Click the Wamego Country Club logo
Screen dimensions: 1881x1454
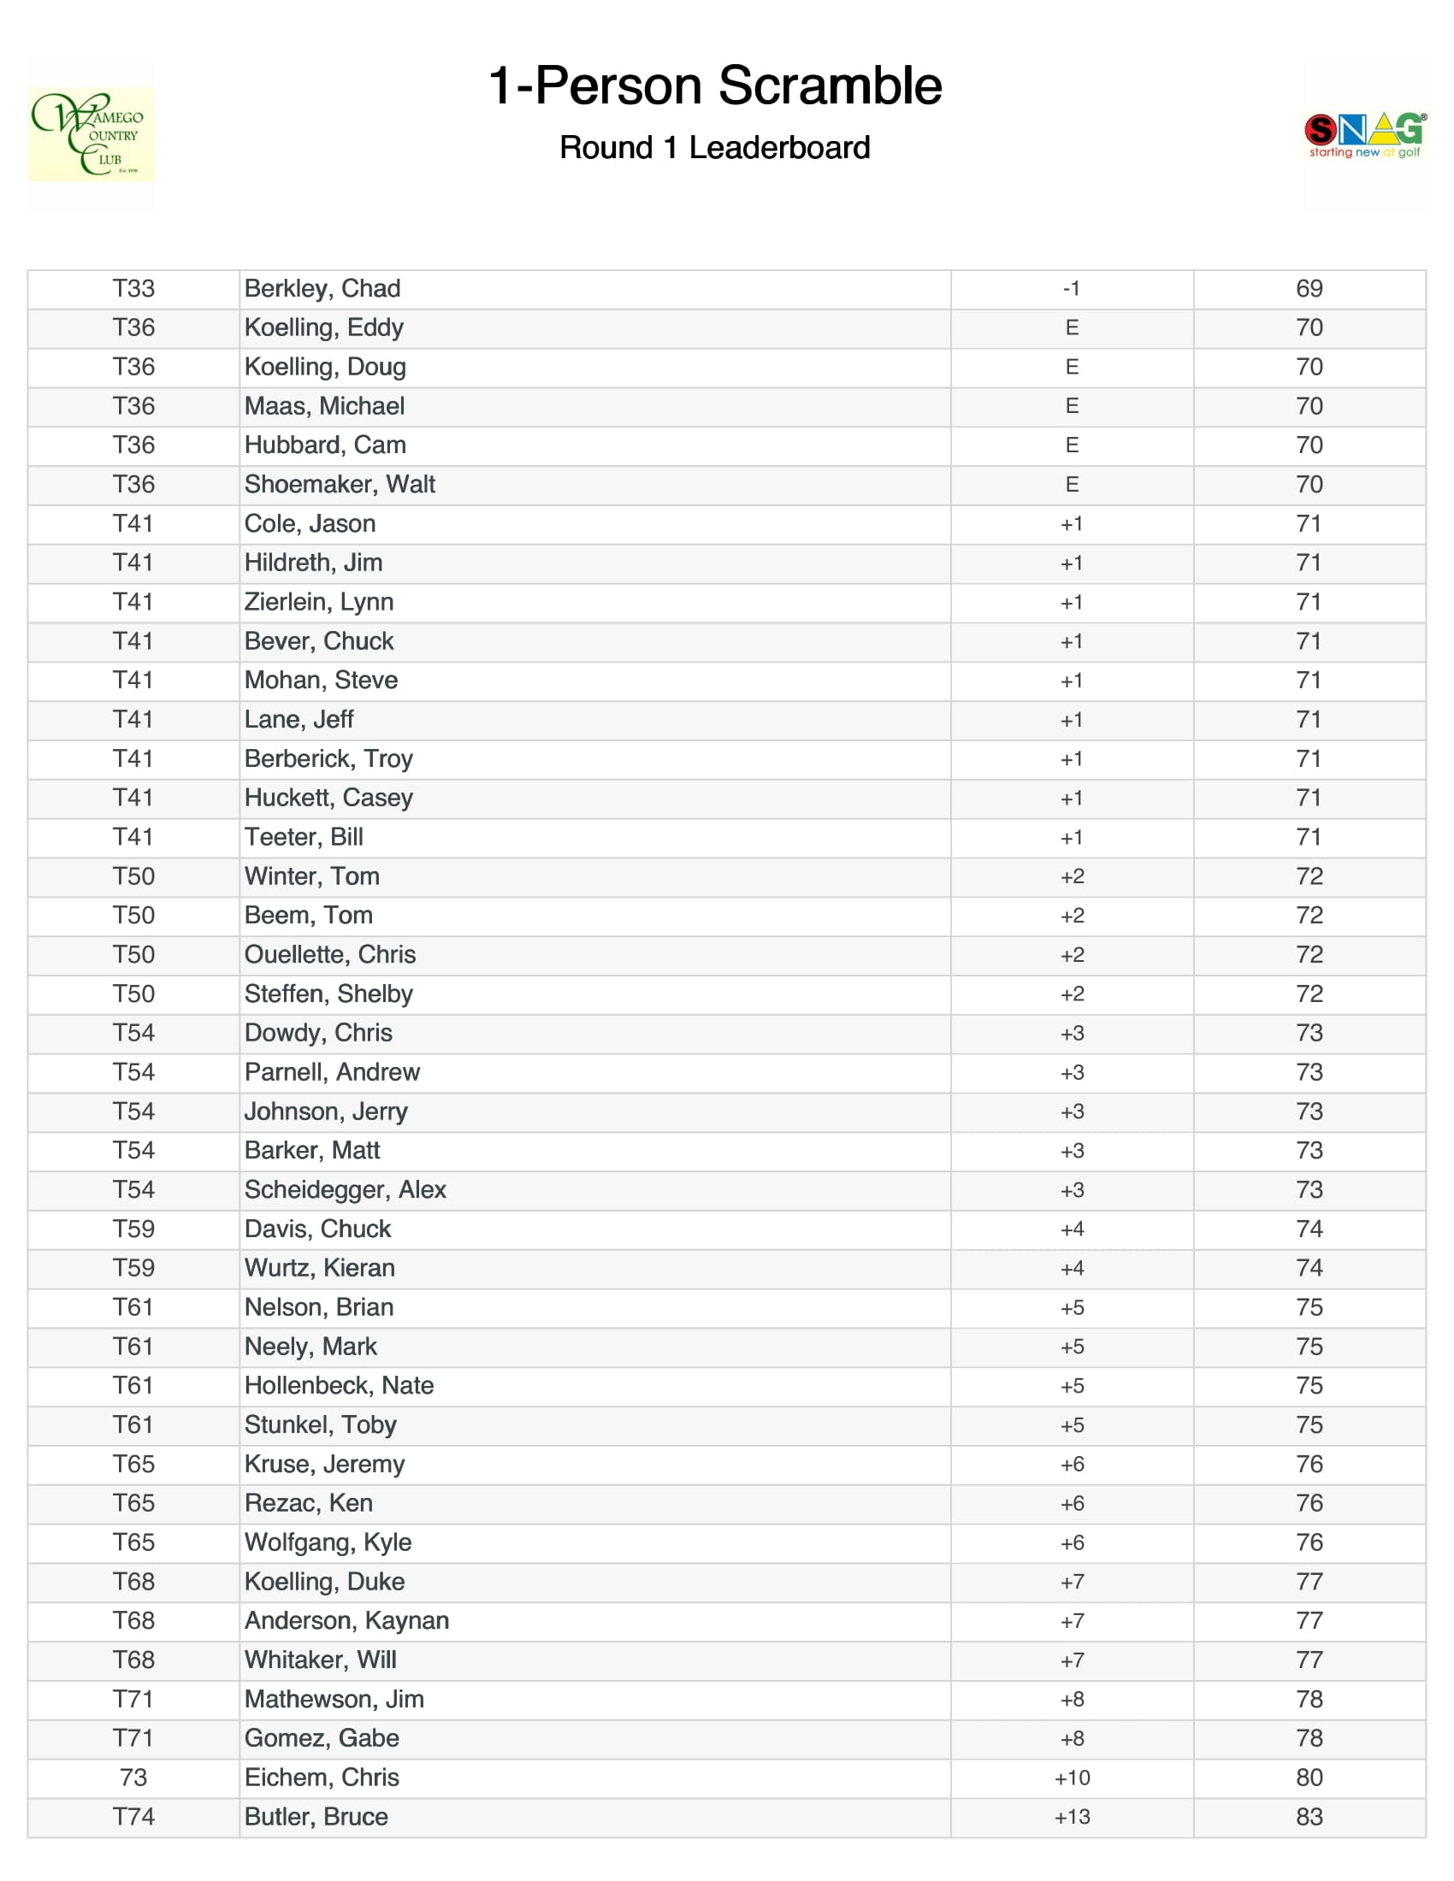coord(92,134)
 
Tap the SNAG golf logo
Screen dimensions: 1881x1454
coord(1364,134)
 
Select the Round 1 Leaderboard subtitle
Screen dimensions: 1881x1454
coord(715,147)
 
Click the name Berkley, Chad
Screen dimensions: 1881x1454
coord(322,288)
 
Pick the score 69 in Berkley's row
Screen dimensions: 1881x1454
coord(1309,288)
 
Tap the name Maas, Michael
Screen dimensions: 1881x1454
coord(324,405)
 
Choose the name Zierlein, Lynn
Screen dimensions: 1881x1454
coord(319,602)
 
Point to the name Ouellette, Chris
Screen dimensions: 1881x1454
coord(330,954)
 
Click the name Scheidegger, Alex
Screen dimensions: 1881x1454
coord(345,1189)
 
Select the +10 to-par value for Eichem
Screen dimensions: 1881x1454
coord(1072,1778)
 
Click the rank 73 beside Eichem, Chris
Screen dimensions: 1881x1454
coord(133,1778)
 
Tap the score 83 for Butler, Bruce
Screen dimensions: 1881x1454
coord(1309,1816)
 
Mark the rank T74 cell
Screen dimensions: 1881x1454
coord(133,1816)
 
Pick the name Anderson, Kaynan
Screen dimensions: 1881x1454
coord(346,1620)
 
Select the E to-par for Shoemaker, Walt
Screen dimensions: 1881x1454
coord(1072,484)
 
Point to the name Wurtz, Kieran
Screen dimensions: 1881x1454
coord(320,1268)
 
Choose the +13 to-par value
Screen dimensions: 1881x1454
coord(1072,1816)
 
